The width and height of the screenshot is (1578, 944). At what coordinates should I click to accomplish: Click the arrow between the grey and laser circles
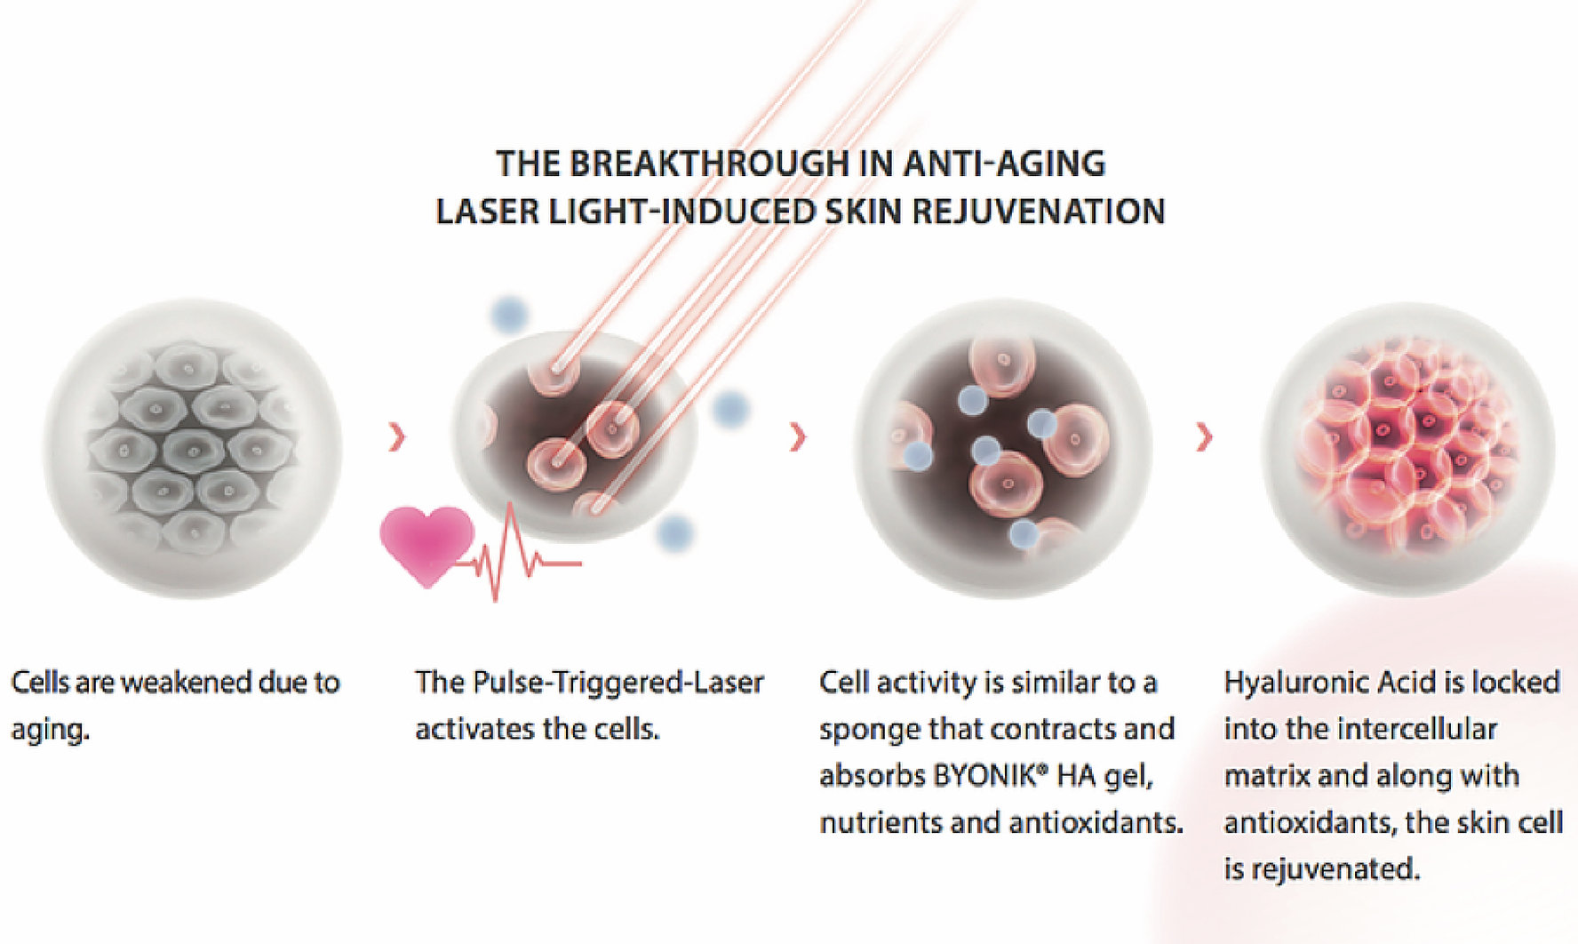point(397,436)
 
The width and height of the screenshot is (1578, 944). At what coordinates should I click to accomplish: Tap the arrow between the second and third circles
point(798,436)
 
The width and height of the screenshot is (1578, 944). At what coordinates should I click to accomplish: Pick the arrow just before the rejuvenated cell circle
point(1204,436)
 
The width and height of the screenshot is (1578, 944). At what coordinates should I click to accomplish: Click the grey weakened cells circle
point(193,449)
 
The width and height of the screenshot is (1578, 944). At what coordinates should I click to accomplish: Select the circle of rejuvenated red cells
point(1408,449)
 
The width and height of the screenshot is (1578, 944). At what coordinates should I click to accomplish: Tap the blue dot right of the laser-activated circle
point(730,409)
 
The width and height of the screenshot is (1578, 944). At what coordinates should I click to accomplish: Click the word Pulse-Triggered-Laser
point(618,682)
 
